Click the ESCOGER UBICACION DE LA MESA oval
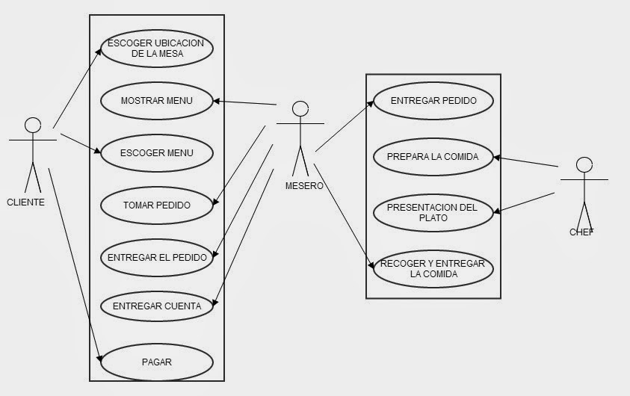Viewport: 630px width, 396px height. [x=157, y=49]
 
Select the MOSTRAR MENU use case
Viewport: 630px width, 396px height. [x=157, y=101]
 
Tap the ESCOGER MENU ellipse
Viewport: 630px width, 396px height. [x=157, y=153]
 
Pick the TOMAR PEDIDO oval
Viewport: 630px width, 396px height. [x=157, y=205]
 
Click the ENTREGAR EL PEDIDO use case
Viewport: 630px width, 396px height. [x=157, y=258]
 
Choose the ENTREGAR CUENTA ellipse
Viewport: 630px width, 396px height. [x=157, y=306]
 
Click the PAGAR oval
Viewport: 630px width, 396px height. [x=157, y=362]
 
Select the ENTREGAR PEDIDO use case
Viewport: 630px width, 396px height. [x=433, y=101]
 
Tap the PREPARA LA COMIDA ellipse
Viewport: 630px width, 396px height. [x=433, y=157]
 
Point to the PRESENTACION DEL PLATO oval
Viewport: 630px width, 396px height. [x=433, y=213]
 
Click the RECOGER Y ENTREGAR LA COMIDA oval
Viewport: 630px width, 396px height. [x=433, y=269]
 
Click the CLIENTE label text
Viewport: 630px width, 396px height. [x=25, y=202]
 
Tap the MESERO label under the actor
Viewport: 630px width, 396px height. [x=304, y=186]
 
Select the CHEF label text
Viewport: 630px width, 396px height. [x=581, y=232]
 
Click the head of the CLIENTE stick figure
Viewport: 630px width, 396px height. [x=33, y=126]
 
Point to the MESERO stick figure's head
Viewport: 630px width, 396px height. [x=300, y=109]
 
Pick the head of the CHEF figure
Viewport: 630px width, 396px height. [x=584, y=165]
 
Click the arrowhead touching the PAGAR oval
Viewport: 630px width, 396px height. [x=99, y=359]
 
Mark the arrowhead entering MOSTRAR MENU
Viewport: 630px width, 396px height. [x=216, y=101]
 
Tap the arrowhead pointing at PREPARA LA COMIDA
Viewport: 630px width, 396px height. [x=497, y=158]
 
